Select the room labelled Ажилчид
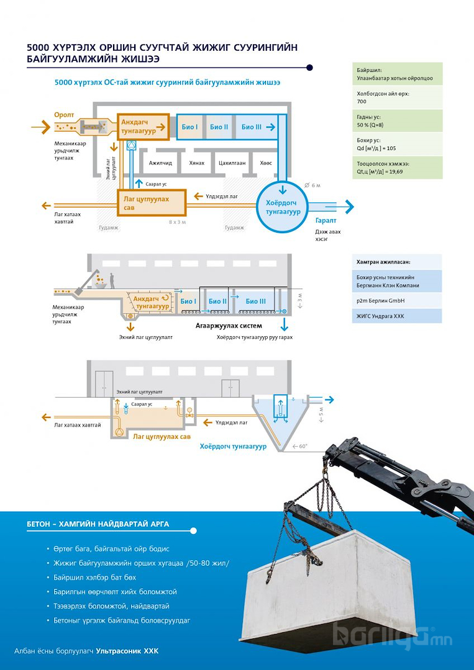(x=160, y=163)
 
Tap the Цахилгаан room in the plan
(x=232, y=163)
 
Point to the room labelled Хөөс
(x=266, y=163)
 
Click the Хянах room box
(x=196, y=163)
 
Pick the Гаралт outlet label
(x=326, y=221)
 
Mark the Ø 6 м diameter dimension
(x=312, y=185)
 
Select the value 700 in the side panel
(x=362, y=101)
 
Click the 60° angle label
(x=303, y=446)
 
